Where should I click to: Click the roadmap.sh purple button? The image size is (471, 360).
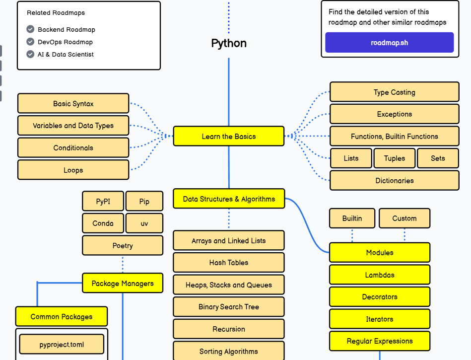tap(389, 42)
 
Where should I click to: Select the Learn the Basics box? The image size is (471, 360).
tap(229, 136)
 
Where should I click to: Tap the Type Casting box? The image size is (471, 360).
tap(395, 92)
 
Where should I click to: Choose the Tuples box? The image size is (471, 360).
tap(395, 158)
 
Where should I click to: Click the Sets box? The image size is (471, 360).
tap(438, 158)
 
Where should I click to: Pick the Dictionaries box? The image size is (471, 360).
tap(395, 180)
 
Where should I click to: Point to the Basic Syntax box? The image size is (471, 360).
tap(73, 103)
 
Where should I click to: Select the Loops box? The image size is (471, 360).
tap(73, 170)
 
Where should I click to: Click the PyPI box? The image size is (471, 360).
tap(103, 201)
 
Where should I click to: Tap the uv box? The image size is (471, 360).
tap(144, 223)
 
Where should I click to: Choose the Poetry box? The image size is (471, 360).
tap(123, 245)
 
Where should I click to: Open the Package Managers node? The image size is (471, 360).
tap(123, 283)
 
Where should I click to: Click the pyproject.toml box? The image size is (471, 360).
tap(62, 345)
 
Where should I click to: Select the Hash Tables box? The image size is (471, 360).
tap(229, 262)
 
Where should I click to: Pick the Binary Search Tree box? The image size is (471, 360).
tap(229, 306)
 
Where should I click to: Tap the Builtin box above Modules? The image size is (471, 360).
tap(352, 218)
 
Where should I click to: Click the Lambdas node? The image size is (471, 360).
tap(380, 275)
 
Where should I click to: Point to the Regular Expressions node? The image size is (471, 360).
tap(380, 341)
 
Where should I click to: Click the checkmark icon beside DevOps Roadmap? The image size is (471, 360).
tap(30, 42)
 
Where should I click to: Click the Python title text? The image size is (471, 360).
tap(229, 43)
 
